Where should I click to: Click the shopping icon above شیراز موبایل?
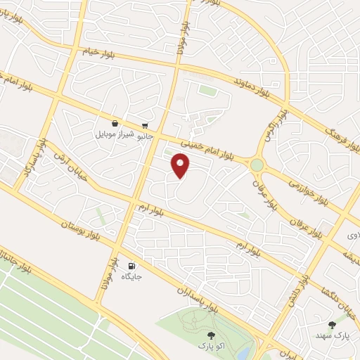pos(115,122)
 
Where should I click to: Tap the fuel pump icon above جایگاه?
pos(131,266)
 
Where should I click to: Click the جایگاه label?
pos(132,277)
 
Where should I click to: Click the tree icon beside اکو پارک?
pos(212,335)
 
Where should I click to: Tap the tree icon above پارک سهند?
pos(332,325)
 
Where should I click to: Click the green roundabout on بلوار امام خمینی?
pos(257,165)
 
